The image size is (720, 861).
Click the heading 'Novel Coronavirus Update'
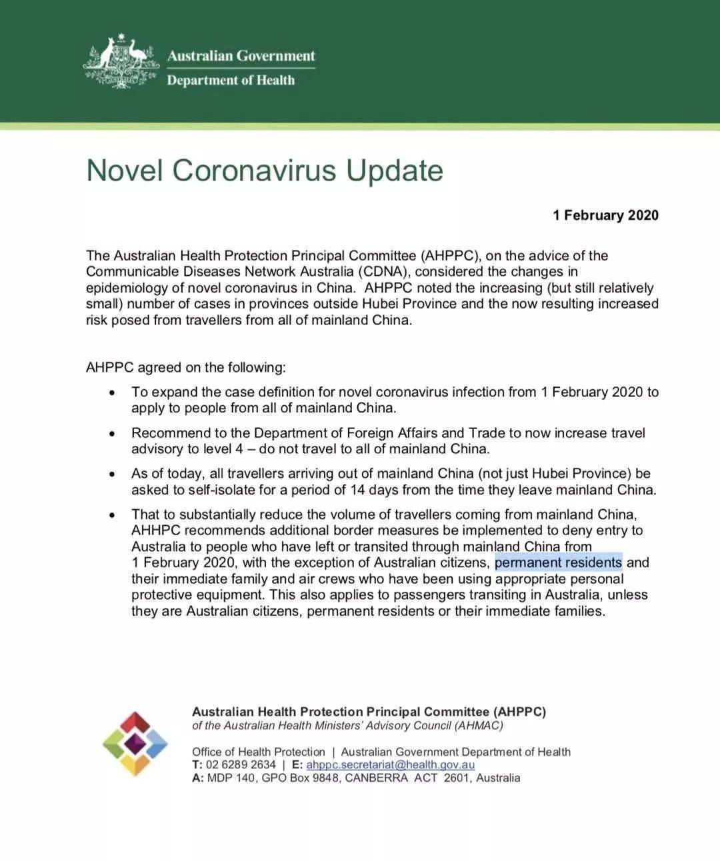(x=265, y=170)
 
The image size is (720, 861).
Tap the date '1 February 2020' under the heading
(x=605, y=215)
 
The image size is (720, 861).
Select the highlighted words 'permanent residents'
(x=558, y=562)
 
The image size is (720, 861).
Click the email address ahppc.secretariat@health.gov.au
(x=390, y=764)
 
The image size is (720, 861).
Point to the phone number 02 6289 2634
(x=241, y=764)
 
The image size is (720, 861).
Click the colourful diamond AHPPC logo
(x=135, y=744)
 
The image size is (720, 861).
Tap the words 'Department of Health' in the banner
(x=231, y=80)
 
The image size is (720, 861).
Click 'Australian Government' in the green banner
(x=241, y=56)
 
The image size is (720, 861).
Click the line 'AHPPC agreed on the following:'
(x=185, y=367)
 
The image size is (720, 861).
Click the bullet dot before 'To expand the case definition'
(x=113, y=393)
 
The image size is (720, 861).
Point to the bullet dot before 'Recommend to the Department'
(x=113, y=434)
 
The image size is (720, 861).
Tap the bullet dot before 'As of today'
(x=113, y=474)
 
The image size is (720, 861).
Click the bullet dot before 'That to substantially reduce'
(x=113, y=515)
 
